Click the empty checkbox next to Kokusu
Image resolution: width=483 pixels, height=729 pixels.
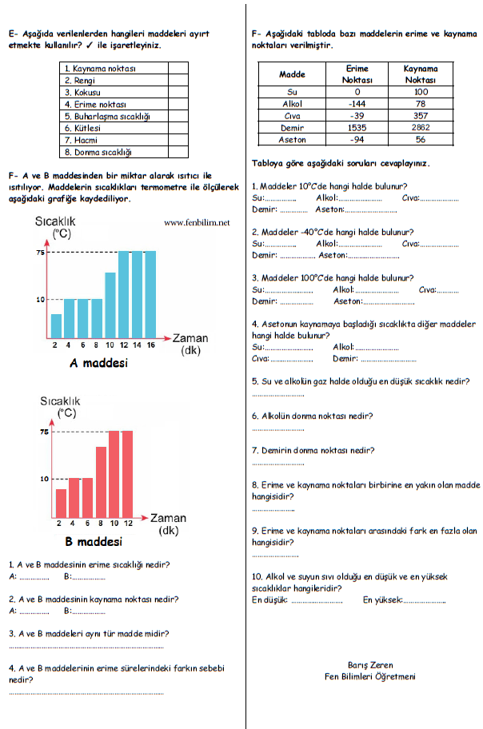[178, 93]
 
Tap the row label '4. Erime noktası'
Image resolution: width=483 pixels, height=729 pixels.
[96, 105]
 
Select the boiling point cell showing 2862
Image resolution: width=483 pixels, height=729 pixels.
[421, 127]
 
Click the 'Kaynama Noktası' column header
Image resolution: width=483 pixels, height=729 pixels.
[421, 75]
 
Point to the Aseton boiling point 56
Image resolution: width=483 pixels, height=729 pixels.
[421, 139]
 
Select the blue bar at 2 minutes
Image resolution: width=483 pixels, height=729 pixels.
[56, 325]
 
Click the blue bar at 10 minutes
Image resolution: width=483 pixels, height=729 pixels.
[110, 305]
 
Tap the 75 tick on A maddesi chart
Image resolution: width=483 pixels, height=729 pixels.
[40, 253]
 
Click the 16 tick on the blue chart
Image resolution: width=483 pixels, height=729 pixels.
[151, 345]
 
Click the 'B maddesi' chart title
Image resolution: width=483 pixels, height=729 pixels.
[93, 542]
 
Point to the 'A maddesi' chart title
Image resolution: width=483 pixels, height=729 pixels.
[99, 363]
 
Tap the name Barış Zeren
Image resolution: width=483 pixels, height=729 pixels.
[370, 664]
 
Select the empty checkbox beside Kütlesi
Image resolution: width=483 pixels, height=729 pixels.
[178, 128]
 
